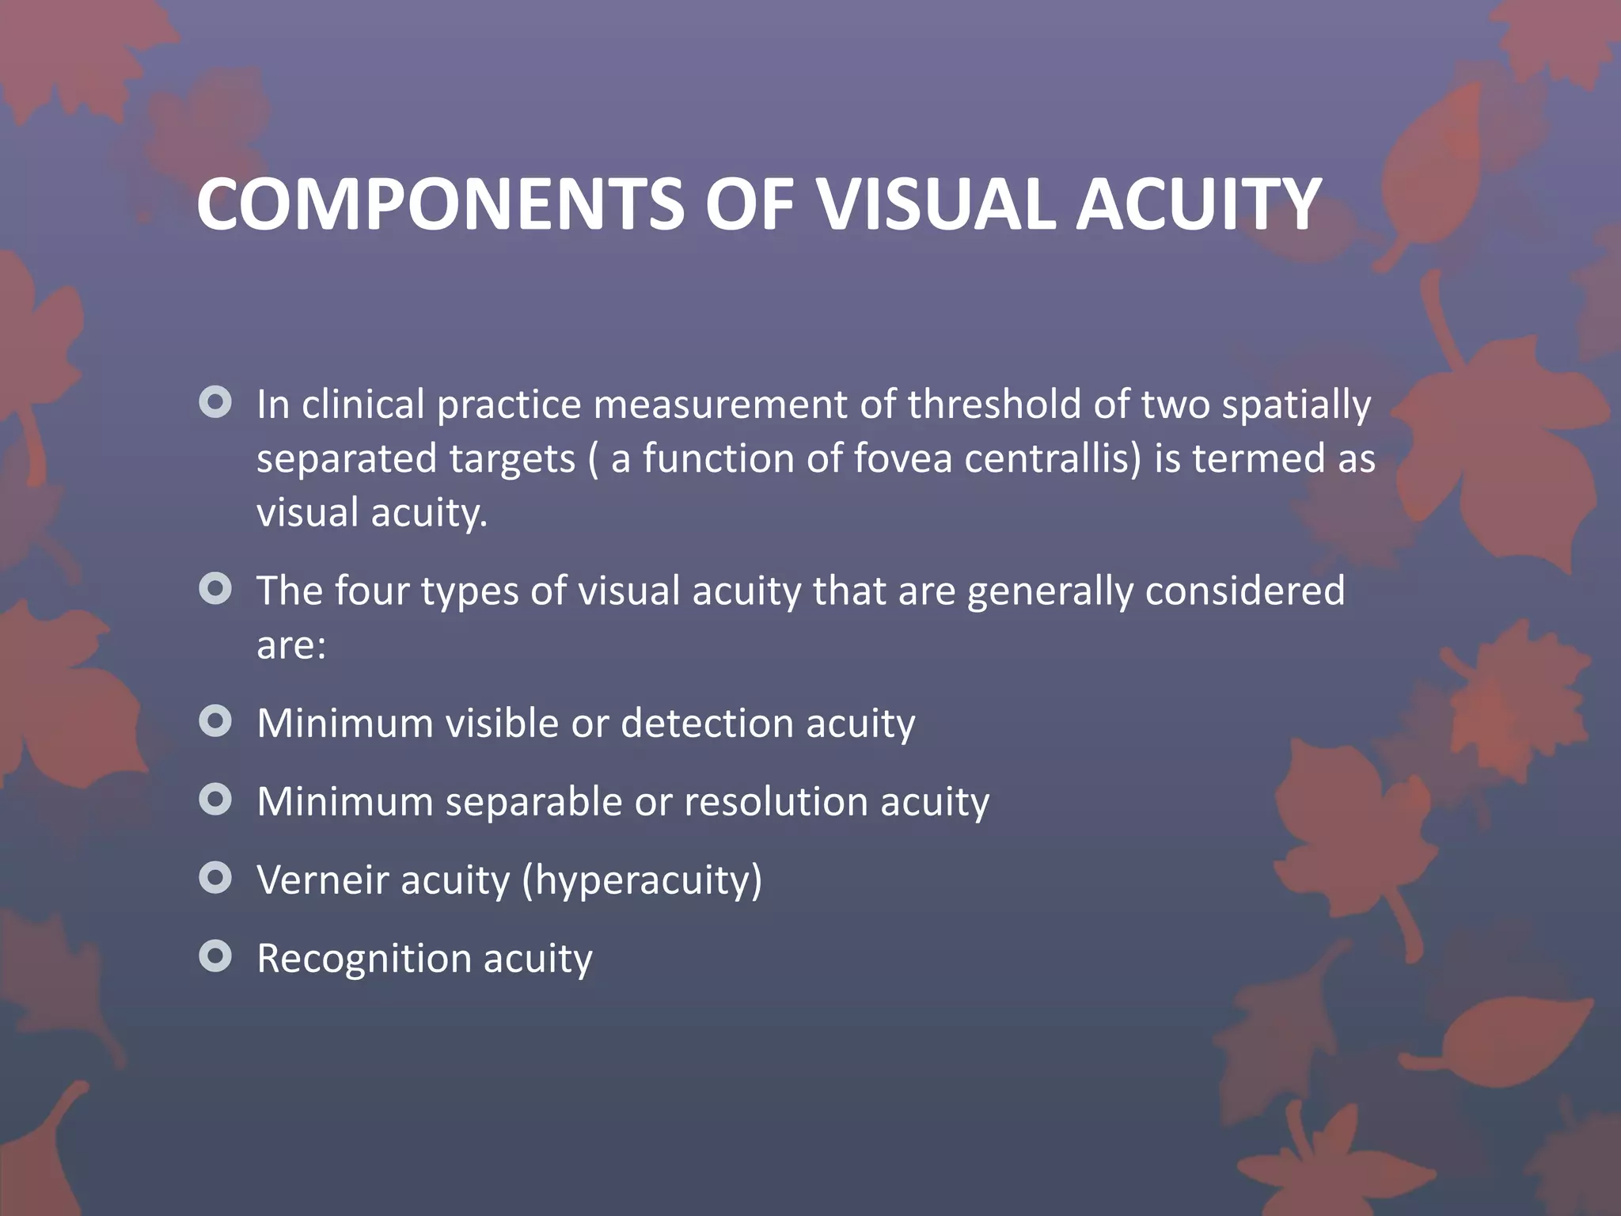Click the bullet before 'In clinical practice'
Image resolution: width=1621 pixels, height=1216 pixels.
[215, 402]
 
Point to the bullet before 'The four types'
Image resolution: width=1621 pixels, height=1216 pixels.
[215, 589]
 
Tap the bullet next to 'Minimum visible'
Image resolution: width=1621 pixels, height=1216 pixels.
[215, 721]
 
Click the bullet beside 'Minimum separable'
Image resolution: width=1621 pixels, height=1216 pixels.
[215, 800]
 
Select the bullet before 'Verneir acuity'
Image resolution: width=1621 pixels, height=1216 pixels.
[215, 878]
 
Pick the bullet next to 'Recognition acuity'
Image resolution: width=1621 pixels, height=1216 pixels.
[215, 956]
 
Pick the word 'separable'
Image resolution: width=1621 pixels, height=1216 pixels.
[533, 802]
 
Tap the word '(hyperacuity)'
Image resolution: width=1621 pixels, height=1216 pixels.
[642, 881]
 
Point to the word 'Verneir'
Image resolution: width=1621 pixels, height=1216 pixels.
[322, 880]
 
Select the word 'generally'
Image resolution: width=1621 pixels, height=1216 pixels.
[1050, 592]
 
